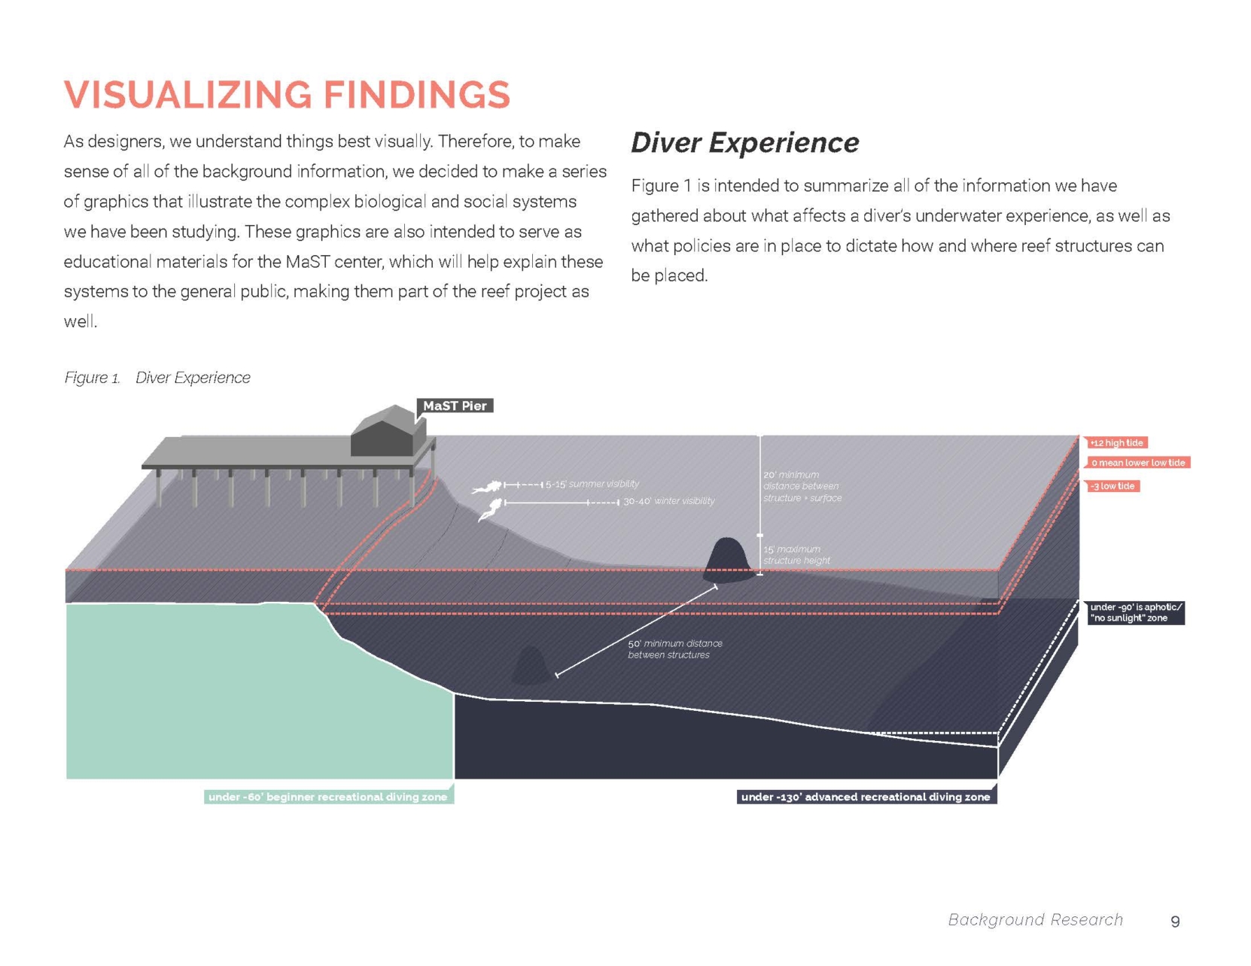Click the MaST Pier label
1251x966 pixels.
pyautogui.click(x=455, y=406)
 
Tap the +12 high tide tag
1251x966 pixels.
pyautogui.click(x=1116, y=443)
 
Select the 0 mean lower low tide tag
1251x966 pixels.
pyautogui.click(x=1137, y=463)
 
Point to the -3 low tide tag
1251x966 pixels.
pyautogui.click(x=1113, y=486)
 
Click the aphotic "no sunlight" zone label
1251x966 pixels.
pyautogui.click(x=1135, y=612)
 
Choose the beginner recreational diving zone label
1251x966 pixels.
pyautogui.click(x=328, y=797)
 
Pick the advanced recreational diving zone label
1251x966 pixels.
pyautogui.click(x=866, y=797)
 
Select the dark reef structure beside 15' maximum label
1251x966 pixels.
pyautogui.click(x=728, y=560)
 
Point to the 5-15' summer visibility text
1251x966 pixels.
pyautogui.click(x=592, y=484)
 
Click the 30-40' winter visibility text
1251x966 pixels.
pyautogui.click(x=668, y=501)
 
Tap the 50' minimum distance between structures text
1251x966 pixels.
pyautogui.click(x=674, y=649)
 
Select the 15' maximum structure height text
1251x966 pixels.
pyautogui.click(x=796, y=554)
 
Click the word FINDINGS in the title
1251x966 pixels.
pyautogui.click(x=417, y=95)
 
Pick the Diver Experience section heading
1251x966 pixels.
pyautogui.click(x=744, y=143)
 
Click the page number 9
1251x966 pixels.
pyautogui.click(x=1175, y=922)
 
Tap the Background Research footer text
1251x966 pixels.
pyautogui.click(x=1035, y=919)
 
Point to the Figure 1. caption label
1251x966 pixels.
pyautogui.click(x=92, y=378)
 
